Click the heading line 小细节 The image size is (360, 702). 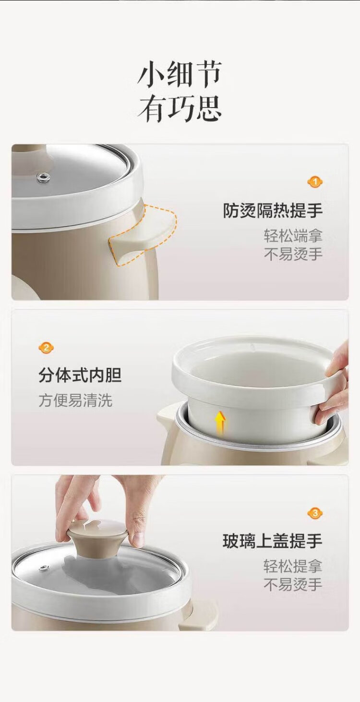180,74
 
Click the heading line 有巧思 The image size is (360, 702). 180,109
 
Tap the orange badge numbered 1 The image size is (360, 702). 315,182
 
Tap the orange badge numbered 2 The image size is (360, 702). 46,348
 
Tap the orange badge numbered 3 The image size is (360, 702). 315,522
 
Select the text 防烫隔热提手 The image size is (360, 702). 273,210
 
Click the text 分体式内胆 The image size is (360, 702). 80,375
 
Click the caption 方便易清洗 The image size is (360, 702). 75,400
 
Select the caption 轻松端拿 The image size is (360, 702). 293,236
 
